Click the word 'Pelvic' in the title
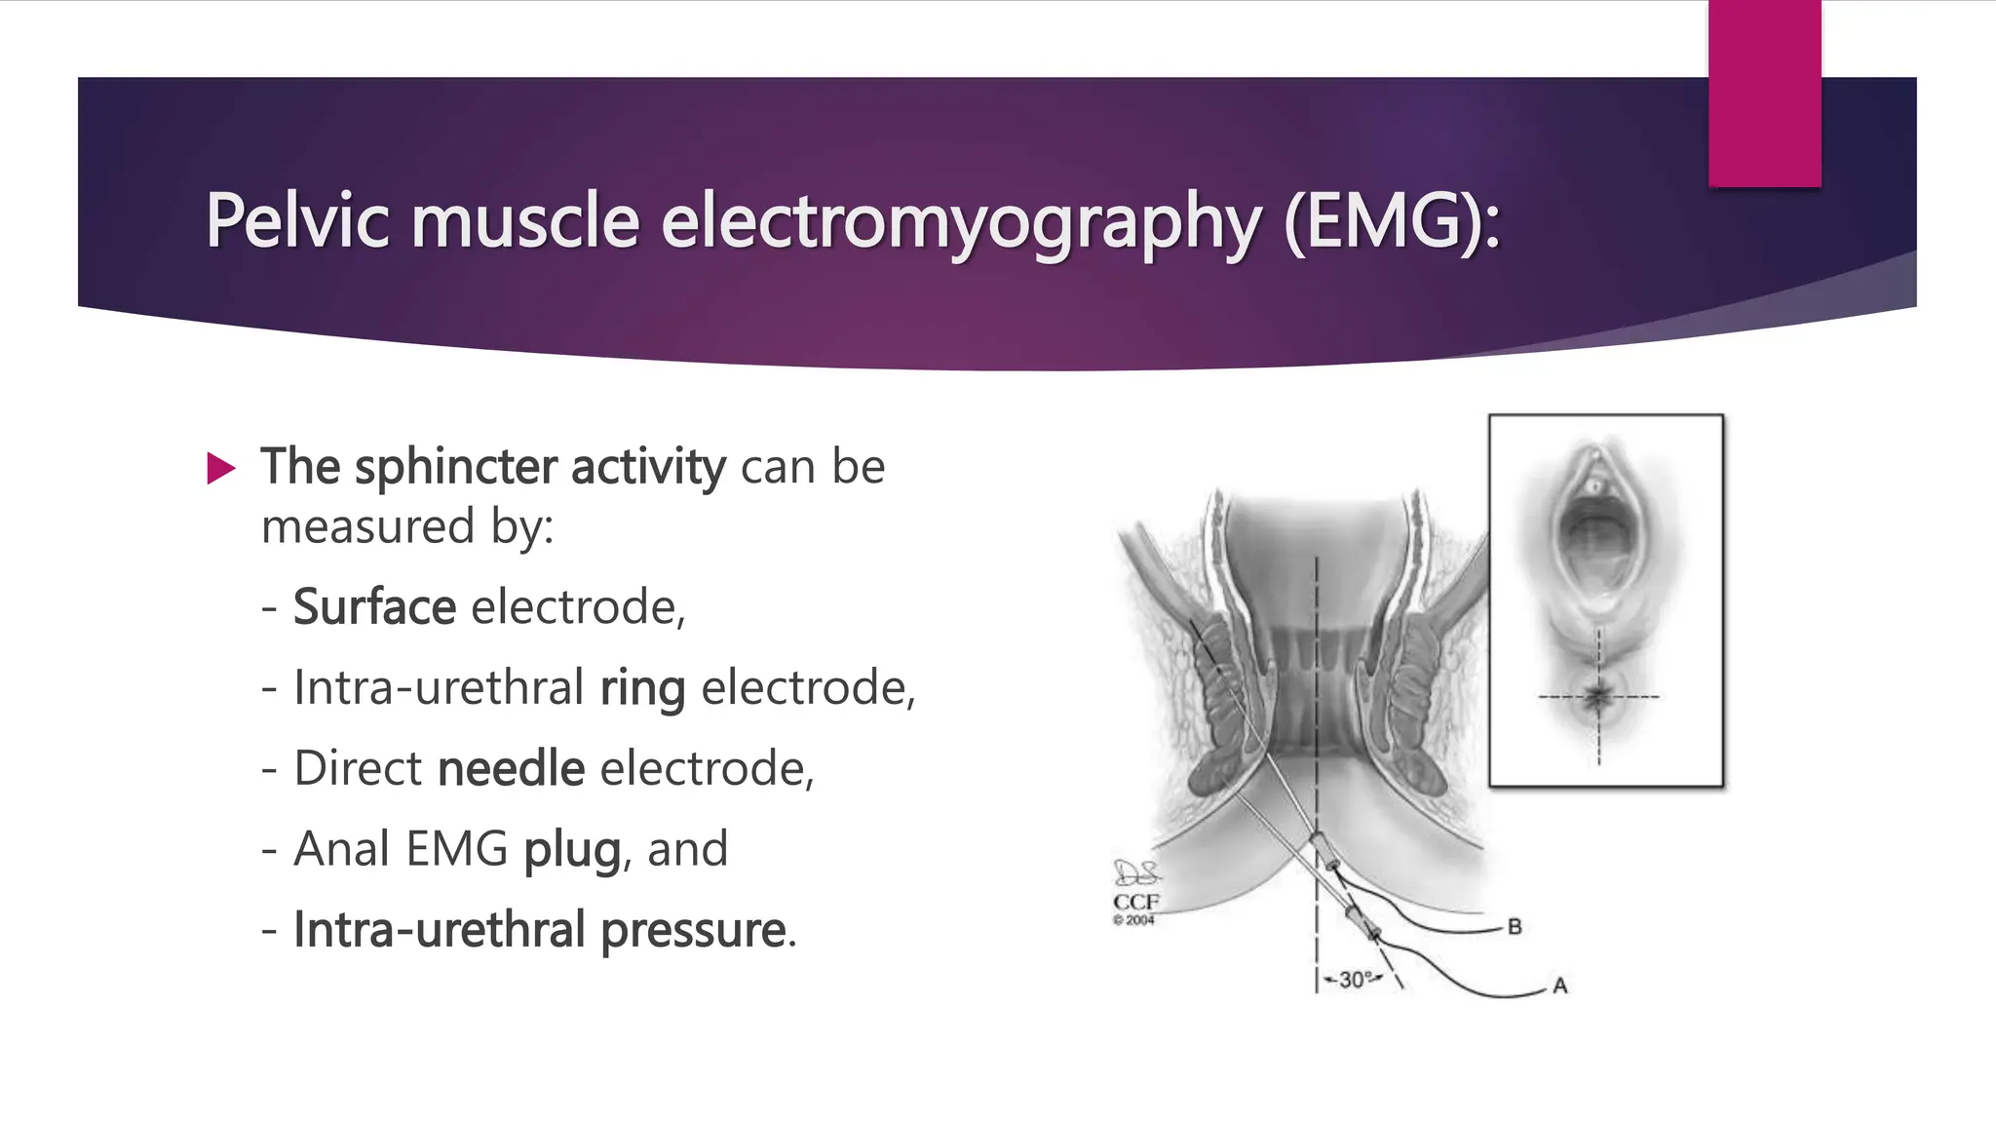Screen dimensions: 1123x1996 coord(297,221)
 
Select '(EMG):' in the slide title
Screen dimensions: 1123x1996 coord(1392,222)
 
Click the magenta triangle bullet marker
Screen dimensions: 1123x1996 coord(221,469)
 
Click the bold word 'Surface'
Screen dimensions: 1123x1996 coord(374,607)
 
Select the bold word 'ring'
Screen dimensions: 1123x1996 coord(642,689)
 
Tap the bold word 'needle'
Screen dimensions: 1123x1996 coord(511,769)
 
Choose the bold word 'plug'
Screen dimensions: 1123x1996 coord(572,850)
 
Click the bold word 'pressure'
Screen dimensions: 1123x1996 coord(692,930)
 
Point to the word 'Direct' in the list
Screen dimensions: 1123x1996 coord(358,769)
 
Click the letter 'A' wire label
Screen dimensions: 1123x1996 coord(1559,986)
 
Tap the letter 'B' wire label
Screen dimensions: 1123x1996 coord(1514,926)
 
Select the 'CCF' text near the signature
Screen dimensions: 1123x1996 coord(1135,902)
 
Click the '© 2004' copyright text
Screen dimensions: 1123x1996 coord(1133,919)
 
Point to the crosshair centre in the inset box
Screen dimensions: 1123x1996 coord(1598,697)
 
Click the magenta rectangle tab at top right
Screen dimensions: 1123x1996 coord(1764,94)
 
